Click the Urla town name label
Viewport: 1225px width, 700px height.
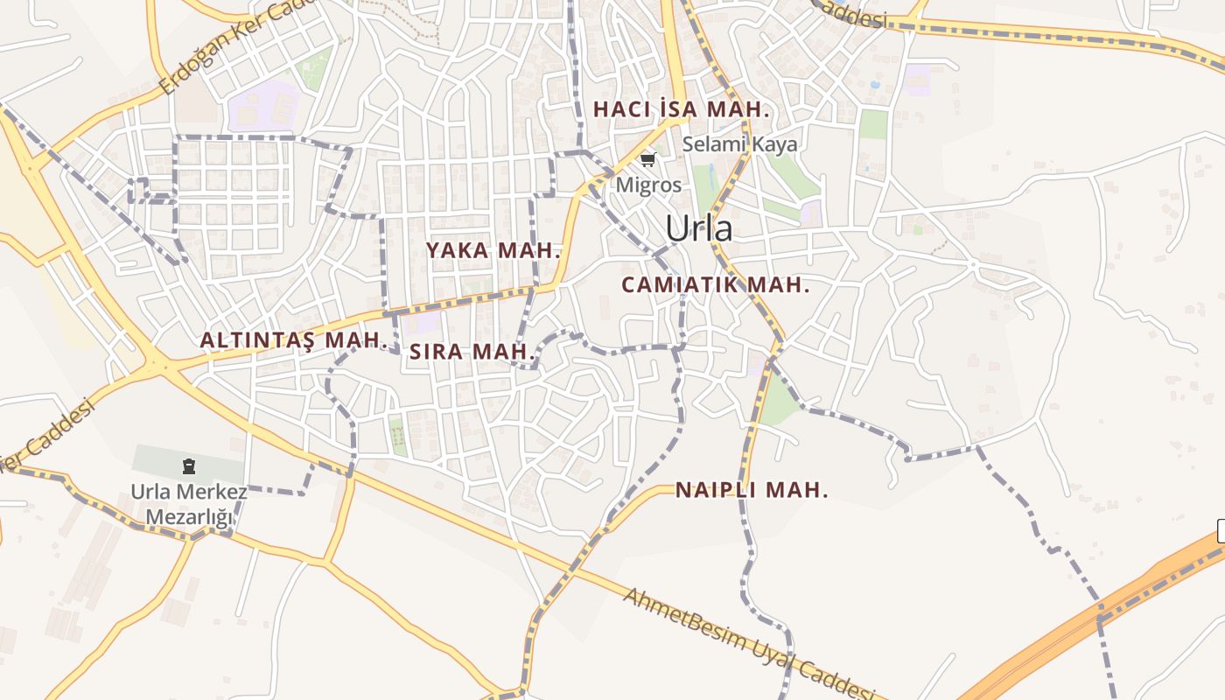(x=698, y=228)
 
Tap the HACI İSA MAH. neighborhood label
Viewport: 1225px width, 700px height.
(x=681, y=110)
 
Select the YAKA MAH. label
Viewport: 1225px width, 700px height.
(x=493, y=250)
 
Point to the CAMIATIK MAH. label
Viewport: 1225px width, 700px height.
(x=715, y=285)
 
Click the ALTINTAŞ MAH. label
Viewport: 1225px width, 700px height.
(x=293, y=340)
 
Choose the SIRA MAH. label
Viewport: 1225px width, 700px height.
(x=472, y=353)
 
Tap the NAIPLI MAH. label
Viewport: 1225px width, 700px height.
(x=751, y=491)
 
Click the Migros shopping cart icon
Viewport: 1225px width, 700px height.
(x=647, y=159)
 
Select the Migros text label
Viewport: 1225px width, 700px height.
(x=648, y=185)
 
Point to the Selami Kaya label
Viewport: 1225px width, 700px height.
(x=739, y=144)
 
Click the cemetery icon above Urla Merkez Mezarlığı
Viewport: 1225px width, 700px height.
(x=189, y=466)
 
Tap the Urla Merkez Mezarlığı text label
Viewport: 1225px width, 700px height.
(x=189, y=504)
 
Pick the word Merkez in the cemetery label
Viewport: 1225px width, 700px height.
(x=212, y=492)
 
